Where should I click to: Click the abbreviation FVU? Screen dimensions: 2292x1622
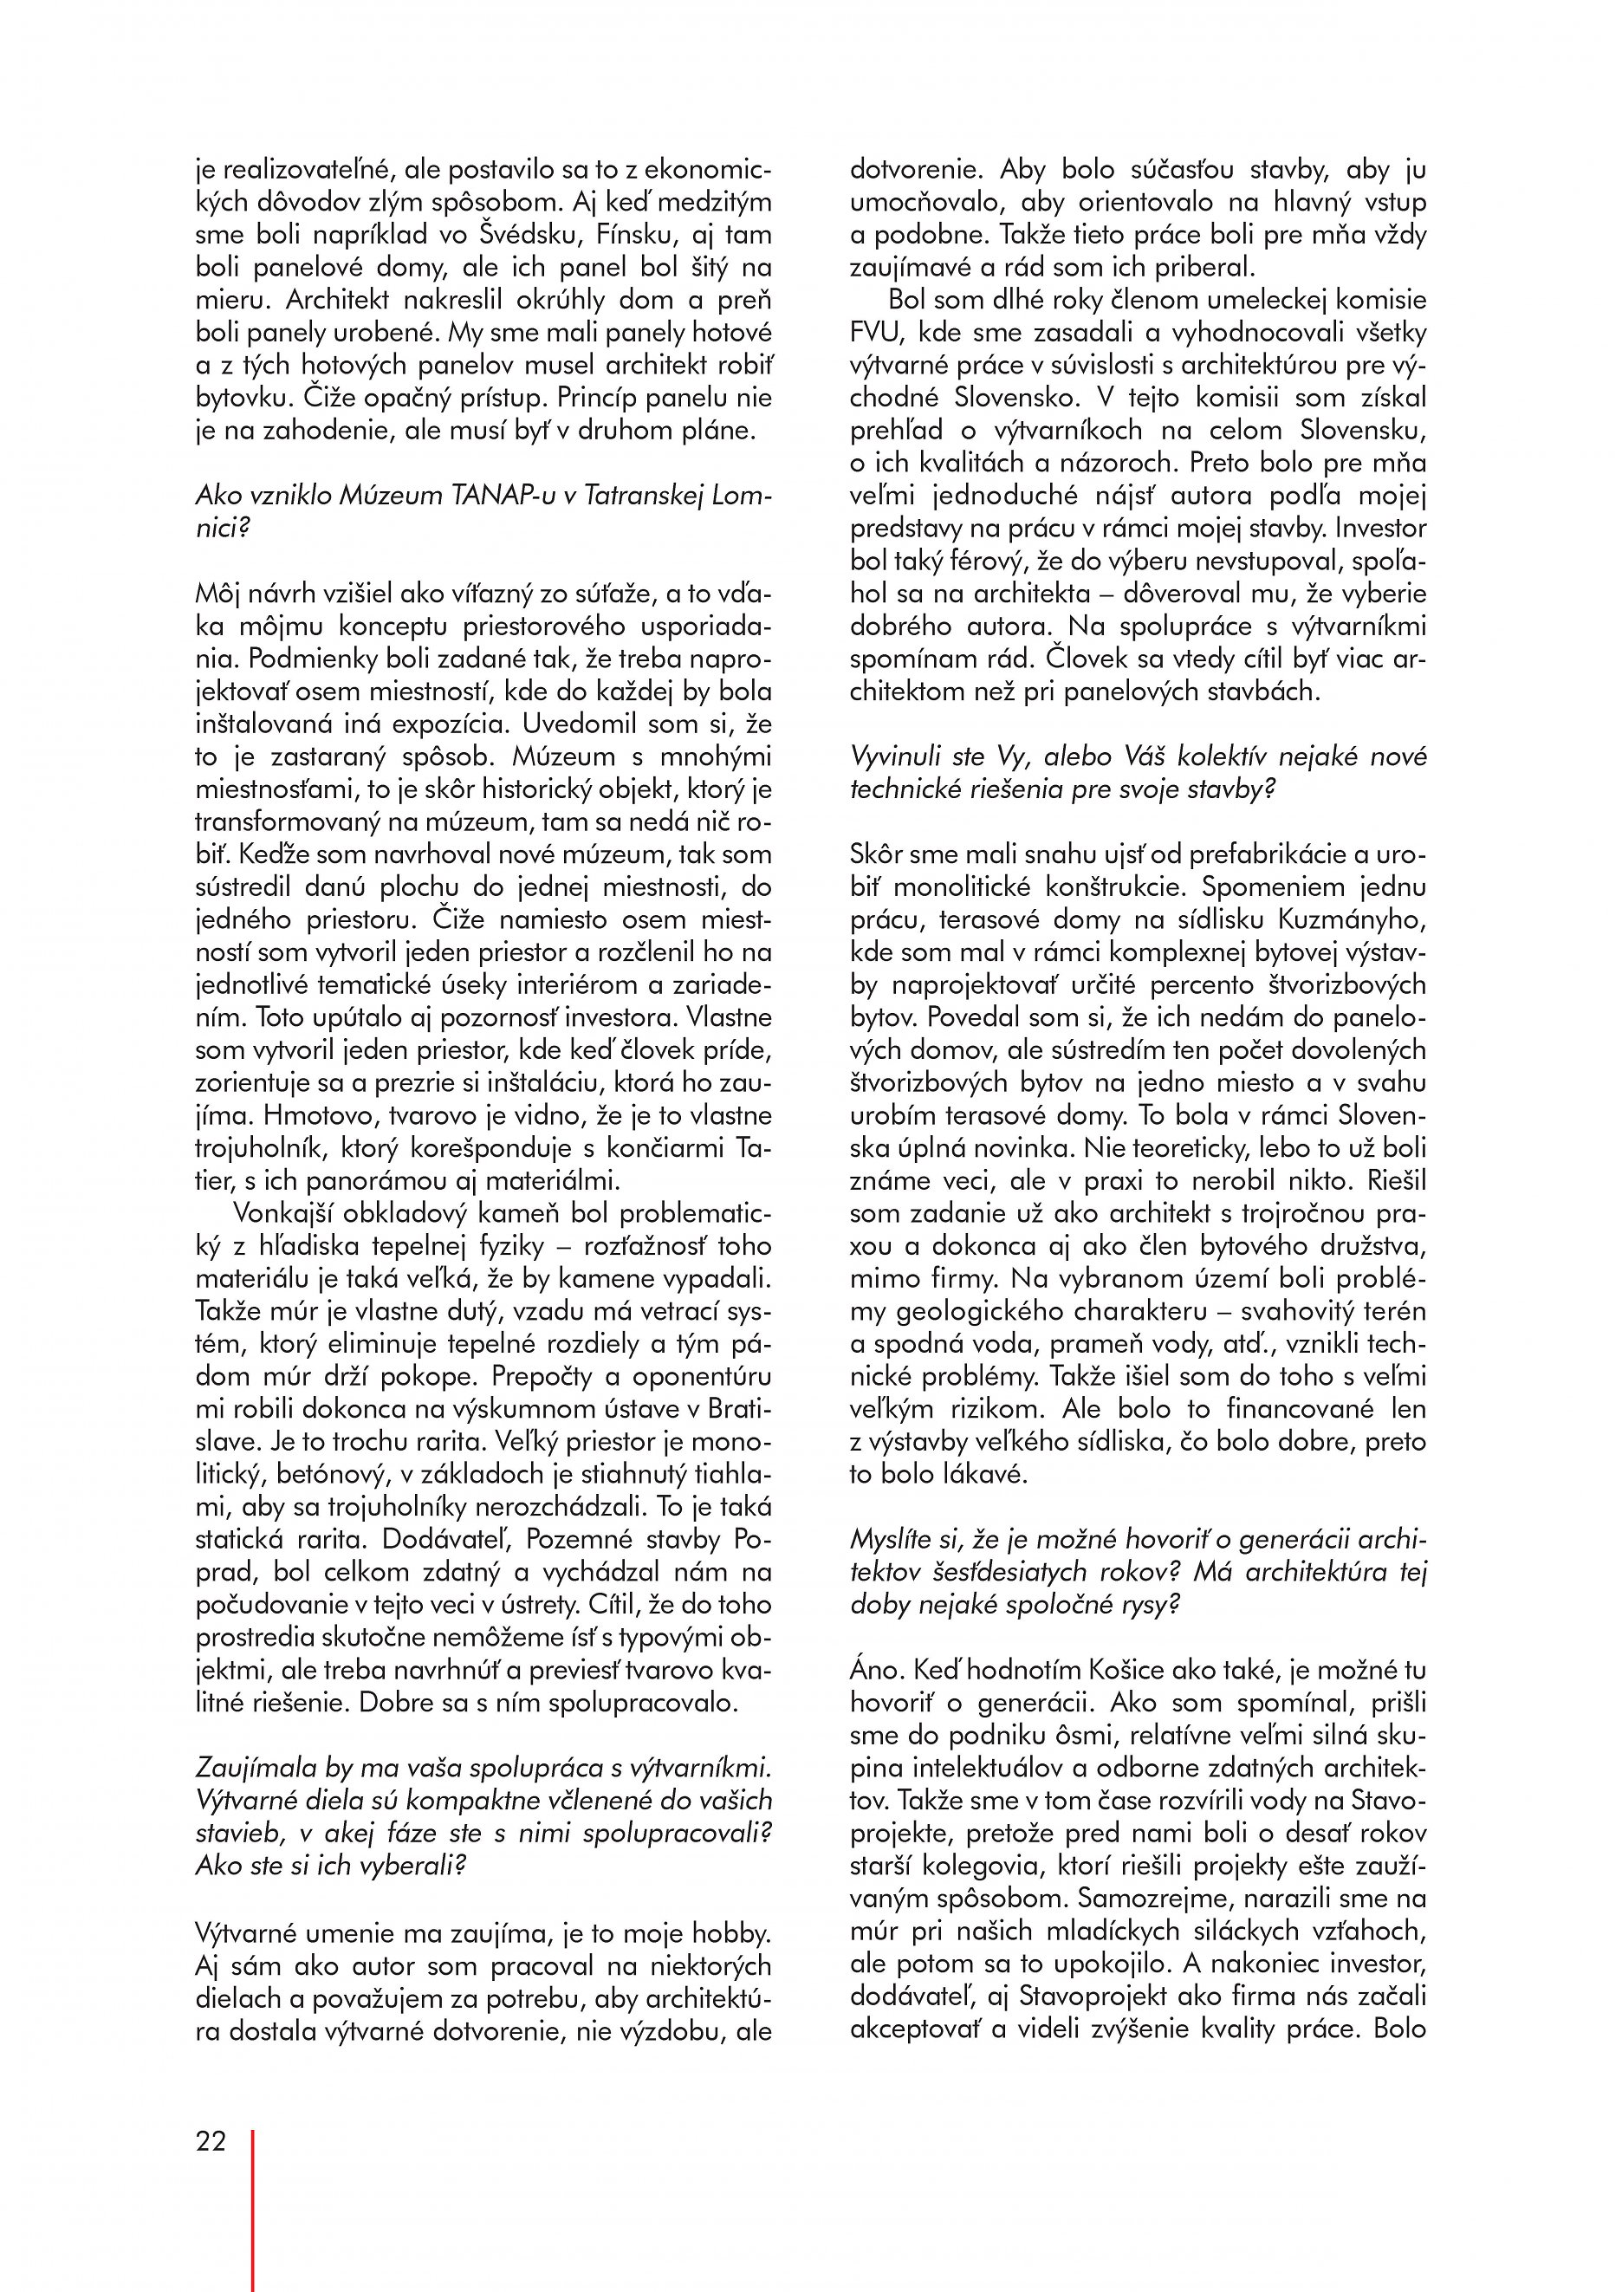(876, 333)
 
